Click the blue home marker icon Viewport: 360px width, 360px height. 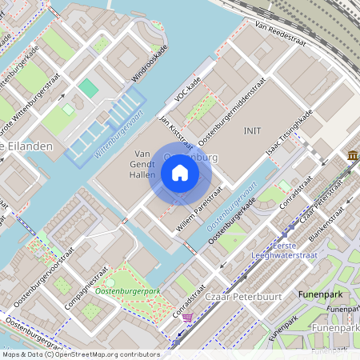point(180,173)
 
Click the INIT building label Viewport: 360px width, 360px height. point(253,130)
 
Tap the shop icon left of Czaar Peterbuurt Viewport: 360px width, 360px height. point(187,317)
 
